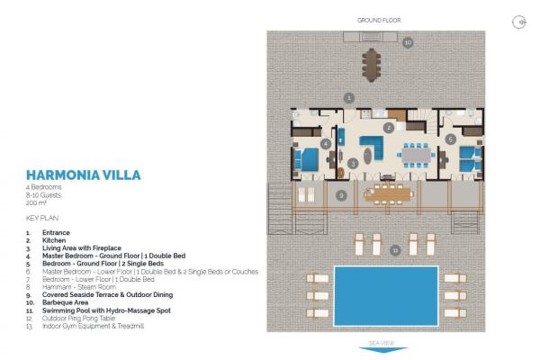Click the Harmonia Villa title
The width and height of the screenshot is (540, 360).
point(84,175)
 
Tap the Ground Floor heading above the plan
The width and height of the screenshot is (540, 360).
point(379,21)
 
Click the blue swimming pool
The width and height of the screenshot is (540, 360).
point(386,295)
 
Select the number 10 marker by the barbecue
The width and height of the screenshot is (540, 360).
point(408,42)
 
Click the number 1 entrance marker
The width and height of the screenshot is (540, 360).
point(349,98)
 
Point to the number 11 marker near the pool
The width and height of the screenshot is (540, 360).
point(395,250)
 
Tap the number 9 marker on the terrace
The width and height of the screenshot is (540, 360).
point(341,195)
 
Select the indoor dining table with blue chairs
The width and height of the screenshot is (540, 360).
point(417,155)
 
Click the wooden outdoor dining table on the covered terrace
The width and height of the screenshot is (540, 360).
point(388,194)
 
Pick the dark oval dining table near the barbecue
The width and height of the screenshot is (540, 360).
point(371,65)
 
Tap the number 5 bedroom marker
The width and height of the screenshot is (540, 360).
point(451,139)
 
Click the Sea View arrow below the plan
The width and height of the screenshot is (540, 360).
point(383,350)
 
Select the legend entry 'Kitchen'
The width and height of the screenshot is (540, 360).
point(54,240)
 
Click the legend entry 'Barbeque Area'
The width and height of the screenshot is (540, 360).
point(65,302)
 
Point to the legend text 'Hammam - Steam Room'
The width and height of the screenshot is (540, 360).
point(79,287)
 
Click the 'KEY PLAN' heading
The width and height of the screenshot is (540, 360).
point(42,218)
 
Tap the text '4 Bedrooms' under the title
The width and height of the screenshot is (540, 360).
point(43,187)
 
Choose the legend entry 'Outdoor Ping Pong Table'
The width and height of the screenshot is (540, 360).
point(78,319)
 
